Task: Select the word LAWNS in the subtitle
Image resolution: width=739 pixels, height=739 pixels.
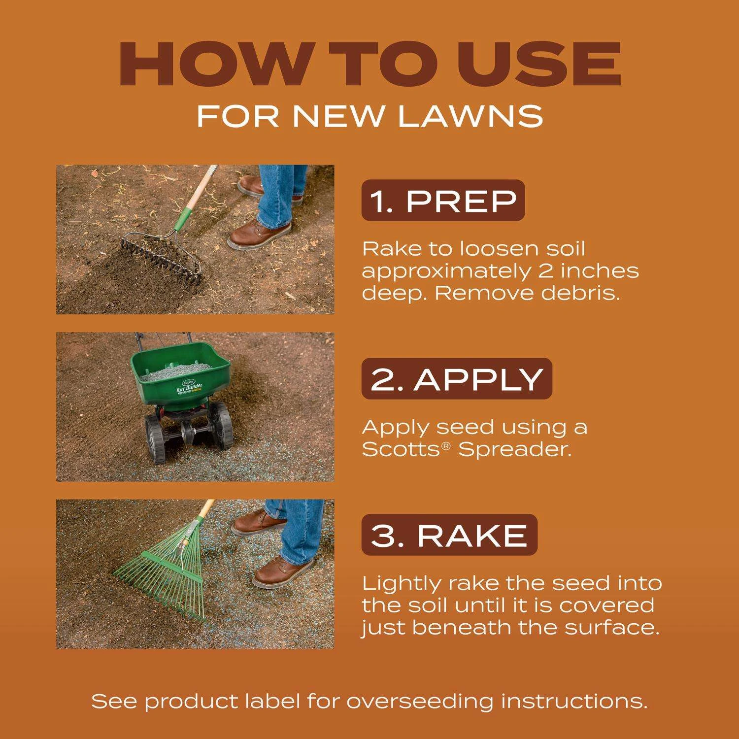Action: (x=470, y=116)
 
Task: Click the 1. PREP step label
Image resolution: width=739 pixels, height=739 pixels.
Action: (x=443, y=201)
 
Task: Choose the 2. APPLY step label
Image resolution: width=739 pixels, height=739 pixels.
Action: (x=457, y=379)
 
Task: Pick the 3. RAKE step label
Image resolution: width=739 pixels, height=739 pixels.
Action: (x=449, y=535)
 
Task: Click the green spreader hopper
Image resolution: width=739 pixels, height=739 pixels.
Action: (x=180, y=377)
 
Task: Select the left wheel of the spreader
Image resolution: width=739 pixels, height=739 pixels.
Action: (x=155, y=439)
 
